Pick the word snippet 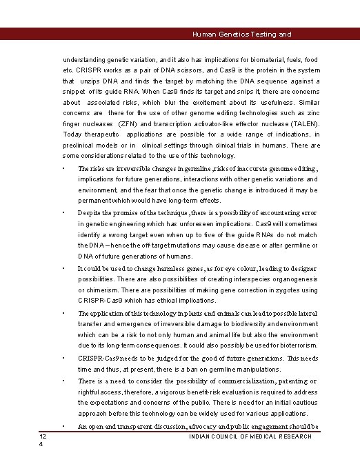coord(75,92)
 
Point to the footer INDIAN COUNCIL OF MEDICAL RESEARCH coord(250,436)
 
